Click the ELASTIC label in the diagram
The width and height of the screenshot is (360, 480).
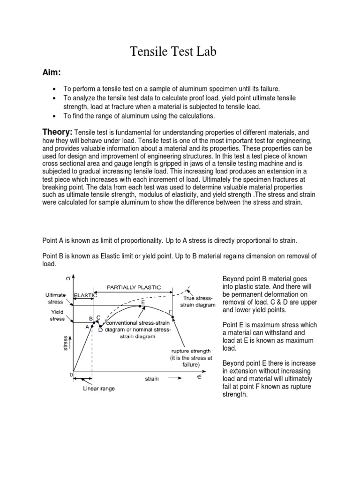pos(85,295)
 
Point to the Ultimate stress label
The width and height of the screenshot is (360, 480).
pos(55,299)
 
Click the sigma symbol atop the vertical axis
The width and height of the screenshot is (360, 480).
pos(68,278)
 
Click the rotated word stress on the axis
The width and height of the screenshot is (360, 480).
pos(65,343)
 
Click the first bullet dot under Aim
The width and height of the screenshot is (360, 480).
pos(55,89)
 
